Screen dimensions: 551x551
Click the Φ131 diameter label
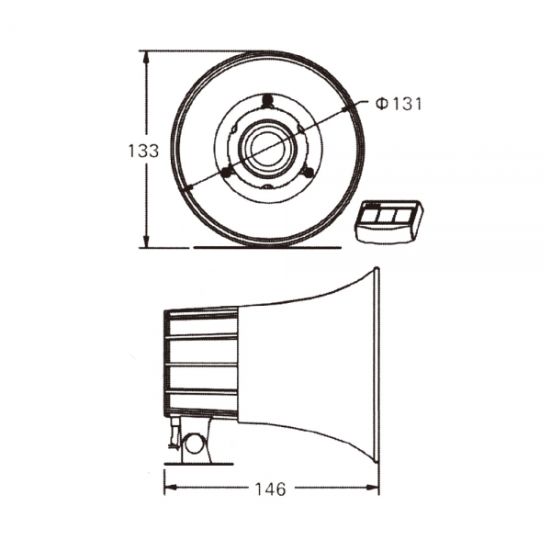(x=398, y=105)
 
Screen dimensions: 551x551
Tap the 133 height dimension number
(x=143, y=152)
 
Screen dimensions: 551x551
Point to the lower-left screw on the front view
(x=229, y=171)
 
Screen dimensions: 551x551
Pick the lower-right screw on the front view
(x=308, y=172)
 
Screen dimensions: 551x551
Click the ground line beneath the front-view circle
(x=266, y=247)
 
